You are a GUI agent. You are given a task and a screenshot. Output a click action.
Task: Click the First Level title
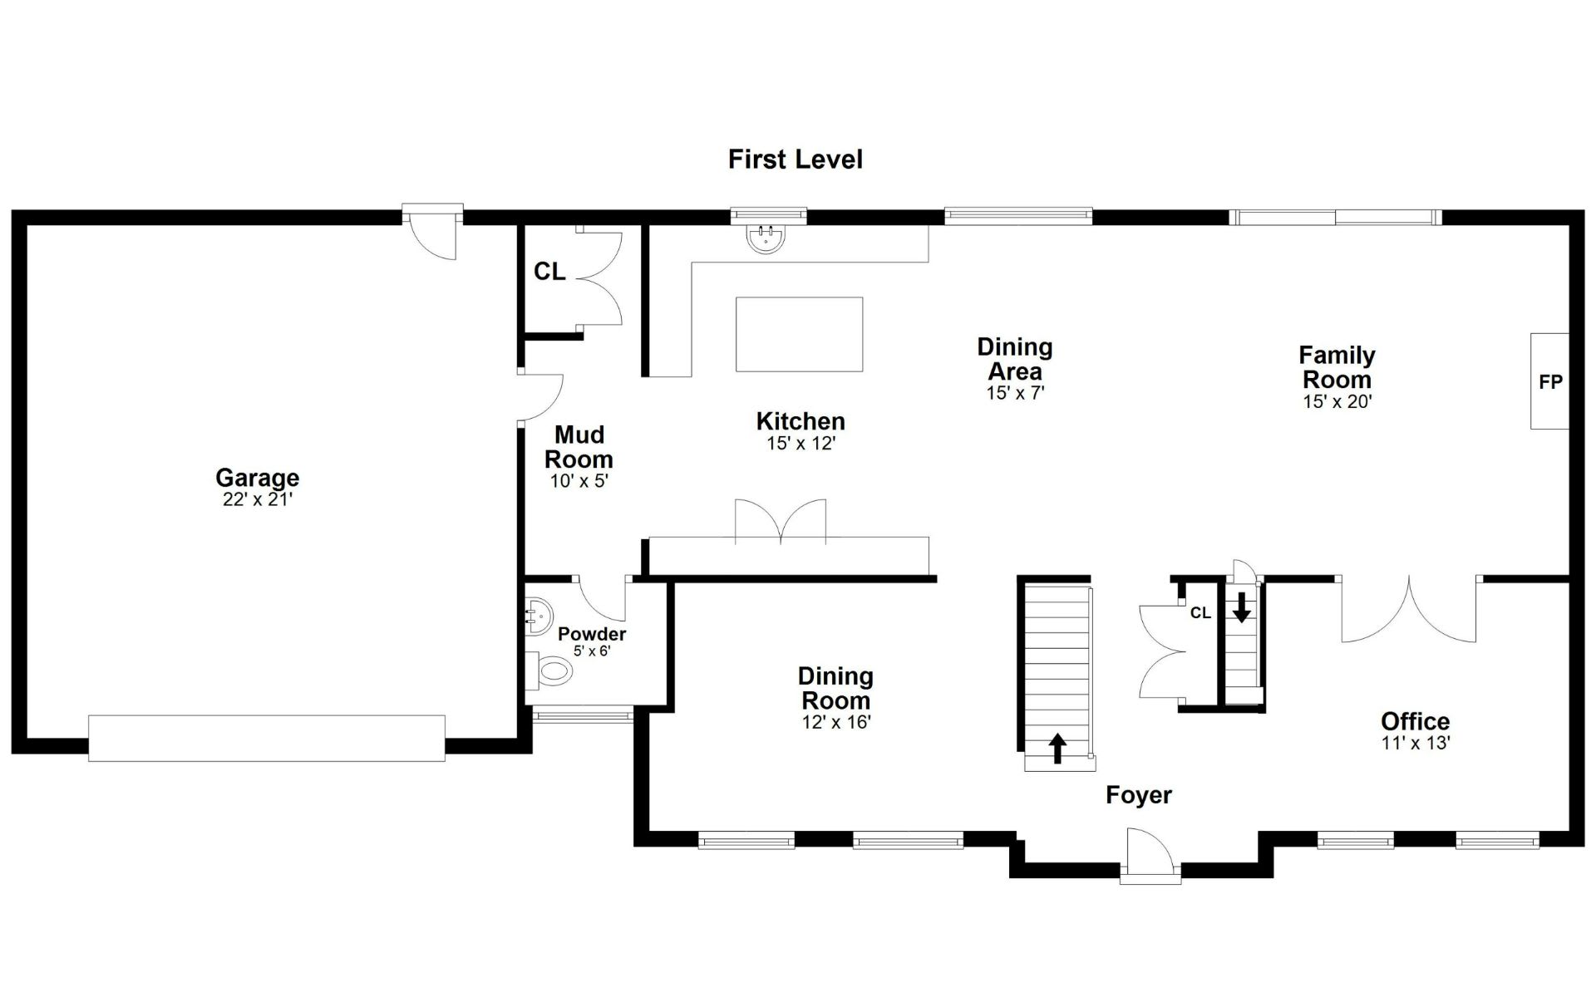(x=796, y=160)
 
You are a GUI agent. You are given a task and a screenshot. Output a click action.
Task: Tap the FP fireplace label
(x=1551, y=382)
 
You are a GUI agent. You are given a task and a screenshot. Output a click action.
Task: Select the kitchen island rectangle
(x=799, y=334)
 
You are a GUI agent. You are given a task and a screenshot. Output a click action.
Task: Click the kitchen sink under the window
(x=766, y=238)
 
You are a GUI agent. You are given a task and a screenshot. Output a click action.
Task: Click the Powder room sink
(x=539, y=616)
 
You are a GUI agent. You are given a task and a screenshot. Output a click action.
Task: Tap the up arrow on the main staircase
(x=1057, y=748)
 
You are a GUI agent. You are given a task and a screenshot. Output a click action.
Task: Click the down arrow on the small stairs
(x=1241, y=607)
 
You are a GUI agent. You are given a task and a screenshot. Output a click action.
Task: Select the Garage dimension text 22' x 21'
(x=258, y=499)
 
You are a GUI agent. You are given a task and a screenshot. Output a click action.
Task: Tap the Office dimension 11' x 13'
(x=1416, y=743)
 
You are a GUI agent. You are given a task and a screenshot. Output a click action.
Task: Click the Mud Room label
(x=579, y=447)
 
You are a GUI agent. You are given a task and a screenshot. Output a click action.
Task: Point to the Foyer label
(x=1139, y=795)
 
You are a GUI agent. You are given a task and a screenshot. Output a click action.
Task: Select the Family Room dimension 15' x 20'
(x=1337, y=401)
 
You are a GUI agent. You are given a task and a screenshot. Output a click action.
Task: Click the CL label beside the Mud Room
(x=549, y=272)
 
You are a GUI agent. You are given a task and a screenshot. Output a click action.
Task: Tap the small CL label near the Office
(x=1200, y=613)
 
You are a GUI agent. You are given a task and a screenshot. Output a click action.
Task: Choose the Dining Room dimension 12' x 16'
(x=836, y=722)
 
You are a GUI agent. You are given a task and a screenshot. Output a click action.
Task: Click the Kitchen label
(x=800, y=421)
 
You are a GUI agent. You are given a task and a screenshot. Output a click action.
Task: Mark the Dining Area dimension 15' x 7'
(x=1015, y=393)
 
